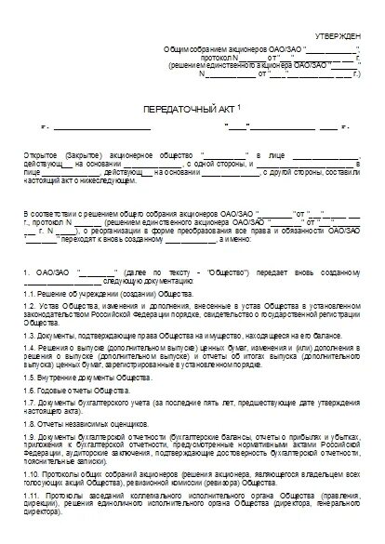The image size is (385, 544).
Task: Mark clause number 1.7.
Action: point(31,408)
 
